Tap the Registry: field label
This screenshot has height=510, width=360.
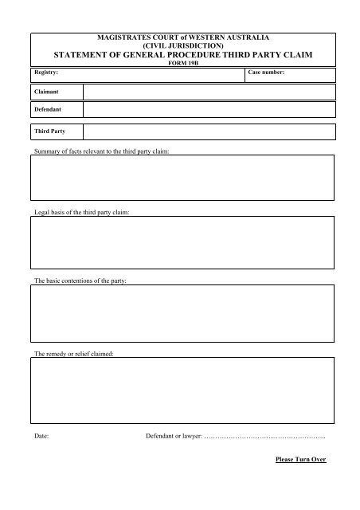tap(45, 72)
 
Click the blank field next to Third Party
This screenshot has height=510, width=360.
tap(209, 130)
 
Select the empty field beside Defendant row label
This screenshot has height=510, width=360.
tap(209, 107)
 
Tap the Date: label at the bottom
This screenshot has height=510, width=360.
tap(41, 437)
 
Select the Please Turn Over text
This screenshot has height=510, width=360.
tap(300, 461)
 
